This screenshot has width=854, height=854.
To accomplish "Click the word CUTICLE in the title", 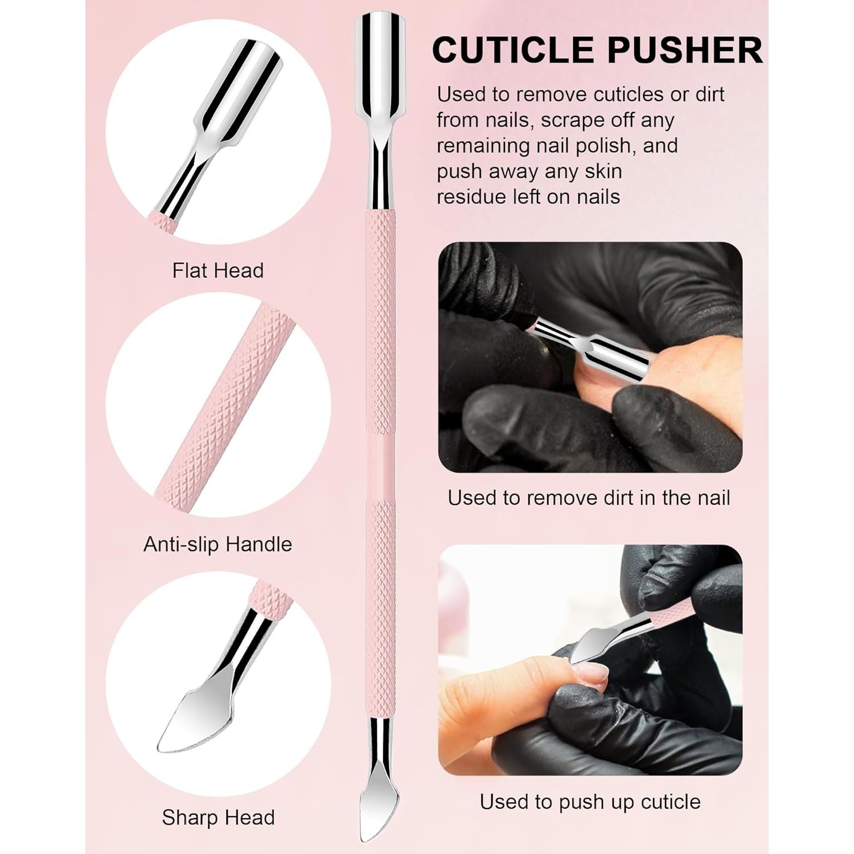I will click(515, 50).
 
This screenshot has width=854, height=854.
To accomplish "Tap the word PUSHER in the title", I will click(684, 50).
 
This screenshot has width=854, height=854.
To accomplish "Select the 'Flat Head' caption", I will click(218, 270).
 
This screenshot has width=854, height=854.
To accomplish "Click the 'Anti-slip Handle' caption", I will click(217, 544).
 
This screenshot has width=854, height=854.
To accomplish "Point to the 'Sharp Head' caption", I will click(218, 818).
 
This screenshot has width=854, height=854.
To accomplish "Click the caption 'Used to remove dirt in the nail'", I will click(589, 498).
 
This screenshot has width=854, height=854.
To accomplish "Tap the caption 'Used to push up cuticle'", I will click(590, 802).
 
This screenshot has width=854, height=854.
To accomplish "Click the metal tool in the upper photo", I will click(598, 347).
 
